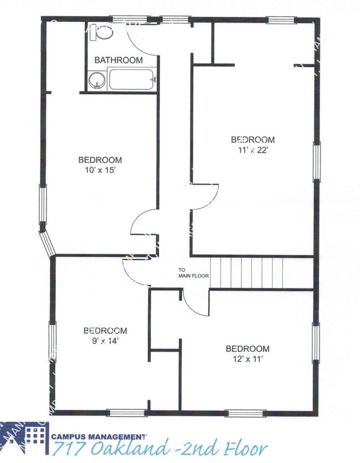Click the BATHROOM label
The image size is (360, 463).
pos(118,60)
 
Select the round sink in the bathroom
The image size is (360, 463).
pos(97,80)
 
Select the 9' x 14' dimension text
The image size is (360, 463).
pos(105,341)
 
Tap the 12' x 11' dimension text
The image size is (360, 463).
pos(247,359)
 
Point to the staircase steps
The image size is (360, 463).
pos(247,272)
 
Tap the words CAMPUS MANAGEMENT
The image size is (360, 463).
pos(99,436)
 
